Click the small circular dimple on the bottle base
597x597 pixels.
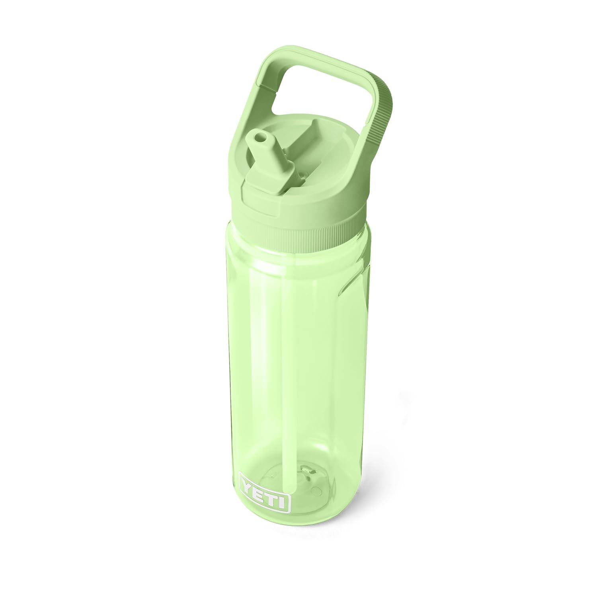point(317,488)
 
